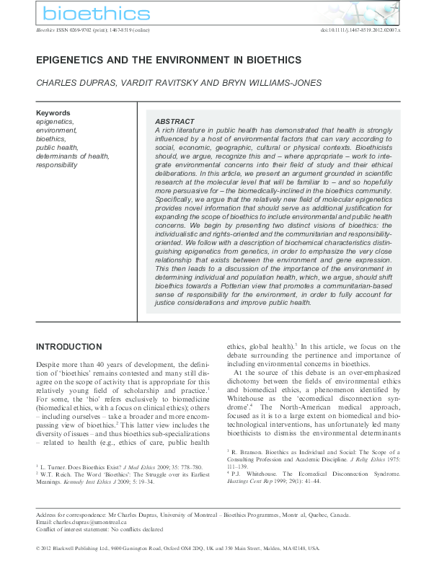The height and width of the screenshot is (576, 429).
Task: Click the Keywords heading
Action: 53,113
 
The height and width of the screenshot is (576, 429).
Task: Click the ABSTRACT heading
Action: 174,121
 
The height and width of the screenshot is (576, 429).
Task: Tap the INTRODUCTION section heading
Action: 69,347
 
